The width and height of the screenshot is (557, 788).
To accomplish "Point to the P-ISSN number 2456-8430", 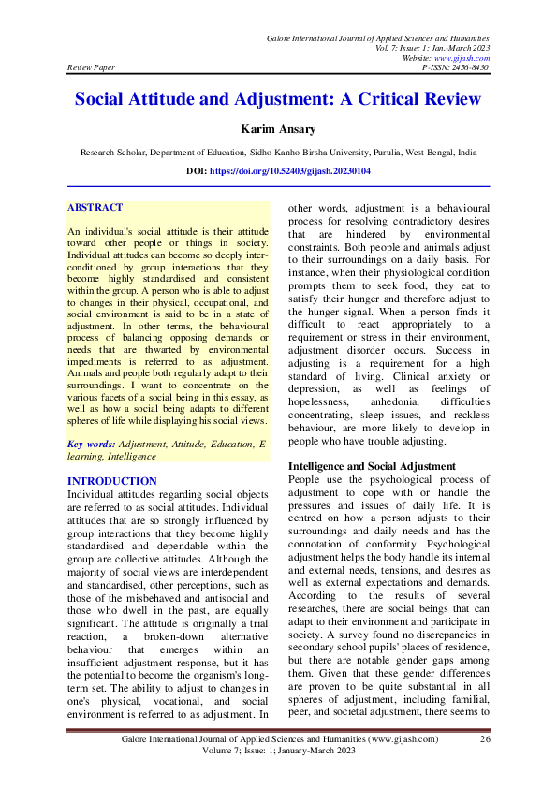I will tap(467, 67).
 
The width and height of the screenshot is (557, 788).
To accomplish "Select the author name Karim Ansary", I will tap(278, 129).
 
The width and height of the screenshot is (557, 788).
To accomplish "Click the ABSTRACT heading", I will tap(95, 207).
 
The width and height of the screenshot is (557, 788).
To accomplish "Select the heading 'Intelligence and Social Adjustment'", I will tap(372, 465).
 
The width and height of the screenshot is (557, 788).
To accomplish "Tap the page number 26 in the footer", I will tap(485, 739).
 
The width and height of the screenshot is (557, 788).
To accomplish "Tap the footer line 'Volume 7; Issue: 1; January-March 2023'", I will tap(279, 752).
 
